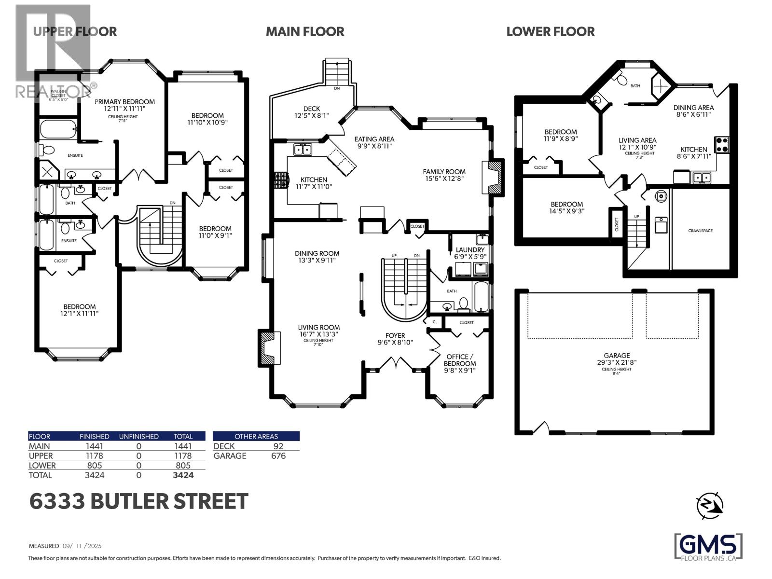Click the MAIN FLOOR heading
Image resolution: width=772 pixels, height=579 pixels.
click(305, 32)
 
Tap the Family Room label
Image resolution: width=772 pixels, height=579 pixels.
click(444, 175)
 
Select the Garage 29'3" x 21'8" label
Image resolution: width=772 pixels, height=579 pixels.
click(617, 359)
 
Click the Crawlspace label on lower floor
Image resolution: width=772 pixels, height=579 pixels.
click(700, 231)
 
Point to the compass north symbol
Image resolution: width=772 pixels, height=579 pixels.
click(709, 505)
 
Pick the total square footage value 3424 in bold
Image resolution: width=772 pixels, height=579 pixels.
click(183, 475)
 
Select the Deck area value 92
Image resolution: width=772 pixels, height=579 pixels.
click(278, 446)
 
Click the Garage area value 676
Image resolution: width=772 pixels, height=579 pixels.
click(278, 456)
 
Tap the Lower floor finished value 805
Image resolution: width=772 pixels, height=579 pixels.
click(94, 466)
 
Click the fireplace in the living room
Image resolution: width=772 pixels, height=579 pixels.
click(270, 348)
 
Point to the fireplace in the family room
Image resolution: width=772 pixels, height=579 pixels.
click(493, 177)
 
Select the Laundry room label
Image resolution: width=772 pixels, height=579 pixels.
click(470, 253)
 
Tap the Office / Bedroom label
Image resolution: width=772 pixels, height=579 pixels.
click(460, 363)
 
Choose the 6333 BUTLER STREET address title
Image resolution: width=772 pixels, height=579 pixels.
click(139, 502)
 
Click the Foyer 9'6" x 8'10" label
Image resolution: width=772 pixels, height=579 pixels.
click(395, 339)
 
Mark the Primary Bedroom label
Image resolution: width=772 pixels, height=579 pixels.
click(124, 105)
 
